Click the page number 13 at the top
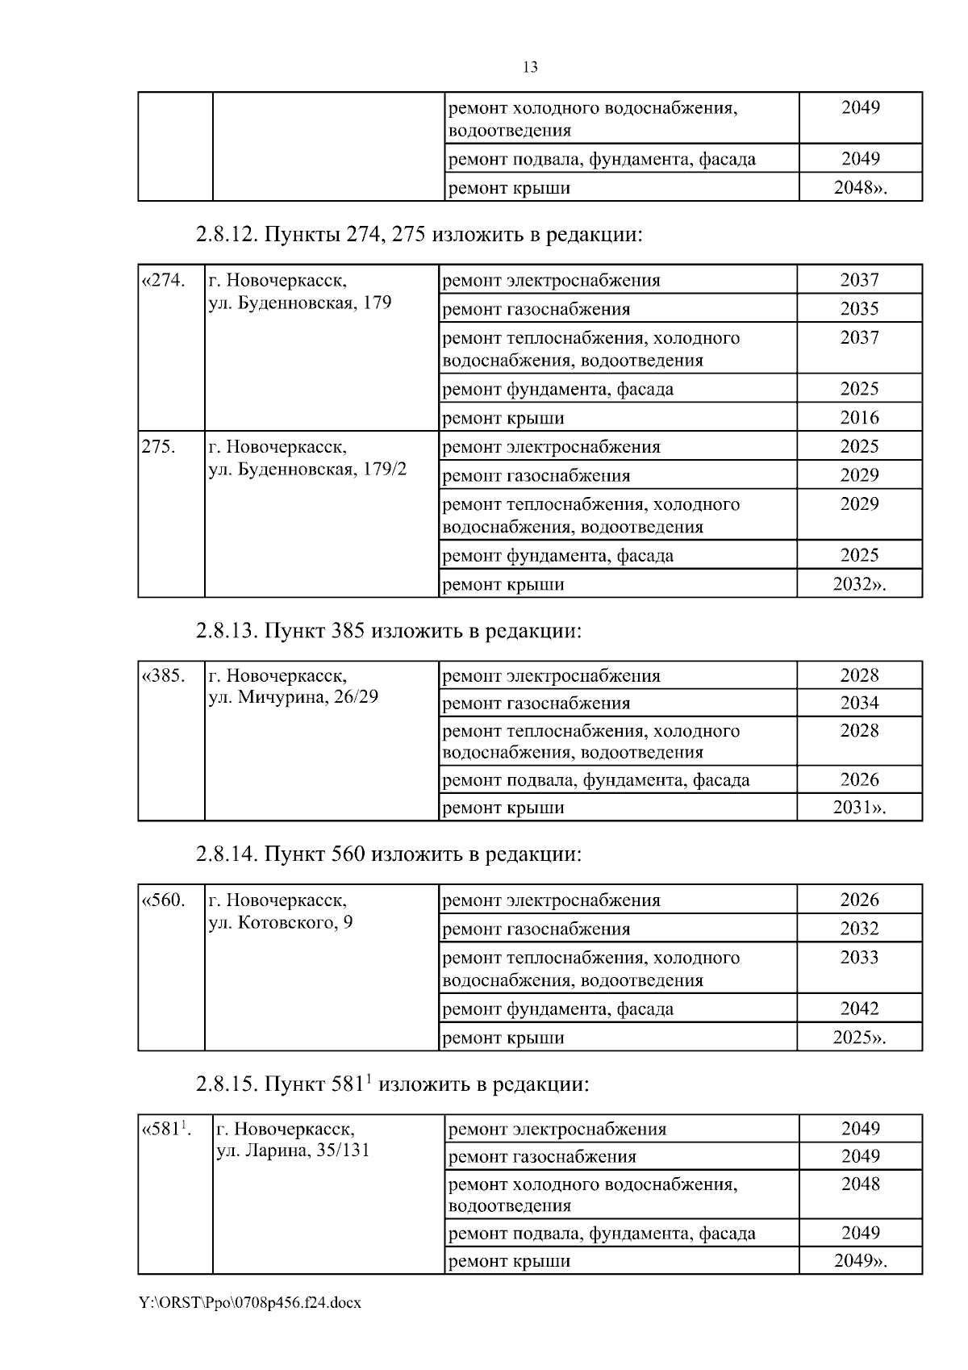point(530,67)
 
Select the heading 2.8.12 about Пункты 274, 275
point(419,235)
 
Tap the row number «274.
point(164,281)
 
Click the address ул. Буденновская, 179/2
point(307,470)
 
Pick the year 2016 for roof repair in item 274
point(859,418)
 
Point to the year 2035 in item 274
point(859,309)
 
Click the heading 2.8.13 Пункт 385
point(388,630)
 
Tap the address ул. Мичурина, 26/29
point(294,697)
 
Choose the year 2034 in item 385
point(859,703)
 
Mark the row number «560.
point(164,900)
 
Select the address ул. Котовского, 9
point(281,922)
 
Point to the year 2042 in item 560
point(859,1009)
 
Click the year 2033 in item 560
point(859,958)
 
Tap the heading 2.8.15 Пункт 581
point(392,1084)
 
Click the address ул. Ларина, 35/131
point(294,1151)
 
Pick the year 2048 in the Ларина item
point(860,1184)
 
